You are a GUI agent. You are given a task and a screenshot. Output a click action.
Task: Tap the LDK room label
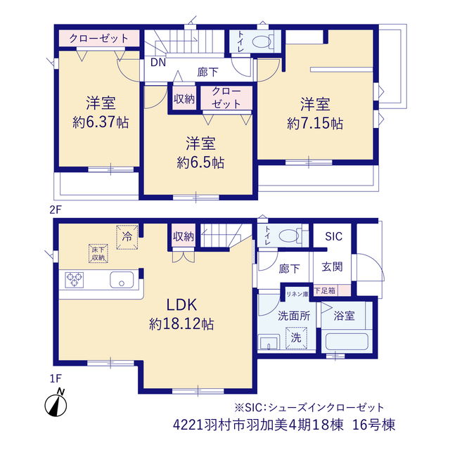[x=182, y=304]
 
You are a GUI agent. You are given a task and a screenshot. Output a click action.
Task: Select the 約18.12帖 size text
[x=181, y=324]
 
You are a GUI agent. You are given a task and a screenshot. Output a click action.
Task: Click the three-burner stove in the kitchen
[x=75, y=280]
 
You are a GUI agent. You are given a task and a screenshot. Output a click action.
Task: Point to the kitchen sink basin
[x=122, y=280]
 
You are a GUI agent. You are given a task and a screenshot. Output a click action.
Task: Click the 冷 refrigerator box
[x=127, y=237]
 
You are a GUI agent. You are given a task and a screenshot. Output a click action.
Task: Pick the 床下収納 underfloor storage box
[x=98, y=253]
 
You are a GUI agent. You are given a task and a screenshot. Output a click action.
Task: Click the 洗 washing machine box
[x=296, y=337]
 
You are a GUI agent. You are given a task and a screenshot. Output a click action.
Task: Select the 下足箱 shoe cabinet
[x=332, y=290]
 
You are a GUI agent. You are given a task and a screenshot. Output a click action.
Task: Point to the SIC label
[x=333, y=236]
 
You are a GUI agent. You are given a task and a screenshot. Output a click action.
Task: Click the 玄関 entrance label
[x=332, y=267]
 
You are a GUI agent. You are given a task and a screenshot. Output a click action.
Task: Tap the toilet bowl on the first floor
[x=289, y=236]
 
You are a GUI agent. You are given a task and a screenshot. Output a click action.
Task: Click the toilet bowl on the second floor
[x=262, y=41]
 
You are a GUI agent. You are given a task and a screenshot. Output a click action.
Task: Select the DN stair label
[x=158, y=63]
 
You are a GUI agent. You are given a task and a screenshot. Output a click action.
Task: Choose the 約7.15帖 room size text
[x=315, y=124]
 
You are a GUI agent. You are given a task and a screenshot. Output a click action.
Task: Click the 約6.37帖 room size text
[x=101, y=122]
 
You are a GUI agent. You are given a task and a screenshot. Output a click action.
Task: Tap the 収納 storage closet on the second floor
[x=184, y=98]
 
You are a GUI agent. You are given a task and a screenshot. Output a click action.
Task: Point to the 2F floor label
[x=56, y=210]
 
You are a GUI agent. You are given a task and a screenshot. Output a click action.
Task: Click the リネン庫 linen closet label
[x=297, y=294]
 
